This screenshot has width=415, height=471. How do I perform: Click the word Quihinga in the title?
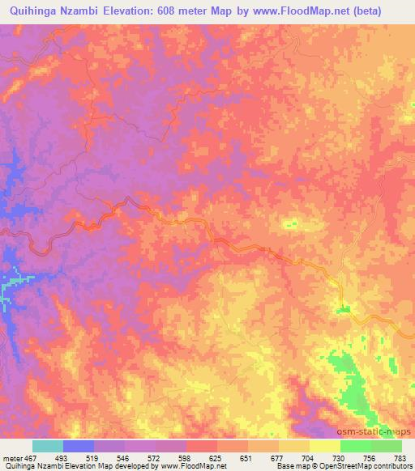click(x=30, y=11)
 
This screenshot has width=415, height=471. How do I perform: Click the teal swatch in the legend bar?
click(x=48, y=446)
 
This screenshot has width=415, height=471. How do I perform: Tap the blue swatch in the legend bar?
click(x=79, y=446)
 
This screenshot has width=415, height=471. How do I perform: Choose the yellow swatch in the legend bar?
click(x=325, y=446)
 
